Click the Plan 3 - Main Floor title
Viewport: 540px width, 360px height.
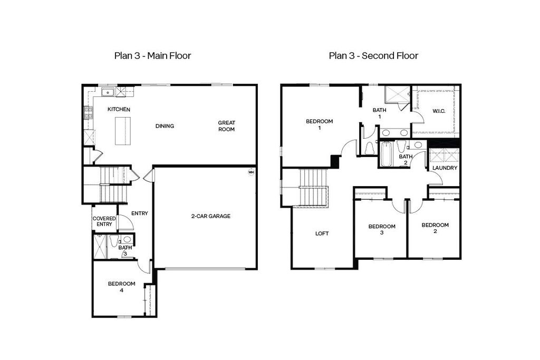pyautogui.click(x=152, y=55)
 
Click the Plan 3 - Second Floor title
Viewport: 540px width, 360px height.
pyautogui.click(x=373, y=55)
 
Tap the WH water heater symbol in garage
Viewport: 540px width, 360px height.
pyautogui.click(x=251, y=172)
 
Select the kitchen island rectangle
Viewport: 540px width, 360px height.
pyautogui.click(x=122, y=131)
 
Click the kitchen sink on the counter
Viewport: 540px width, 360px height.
pyautogui.click(x=108, y=93)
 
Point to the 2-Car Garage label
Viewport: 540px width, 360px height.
pyautogui.click(x=210, y=216)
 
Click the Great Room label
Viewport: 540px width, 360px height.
pyautogui.click(x=227, y=126)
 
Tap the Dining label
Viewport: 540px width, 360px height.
pyautogui.click(x=165, y=126)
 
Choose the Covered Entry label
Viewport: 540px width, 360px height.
pyautogui.click(x=104, y=221)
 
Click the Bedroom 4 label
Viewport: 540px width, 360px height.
pyautogui.click(x=122, y=287)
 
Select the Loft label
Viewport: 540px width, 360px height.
pyautogui.click(x=322, y=233)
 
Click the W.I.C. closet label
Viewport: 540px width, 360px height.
pyautogui.click(x=440, y=111)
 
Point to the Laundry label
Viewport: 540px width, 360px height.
pyautogui.click(x=445, y=168)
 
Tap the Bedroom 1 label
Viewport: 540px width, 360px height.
pyautogui.click(x=320, y=124)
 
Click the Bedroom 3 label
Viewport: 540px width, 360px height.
pyautogui.click(x=381, y=229)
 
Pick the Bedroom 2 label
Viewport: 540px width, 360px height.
pyautogui.click(x=435, y=228)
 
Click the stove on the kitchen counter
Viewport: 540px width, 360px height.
pyautogui.click(x=88, y=113)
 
